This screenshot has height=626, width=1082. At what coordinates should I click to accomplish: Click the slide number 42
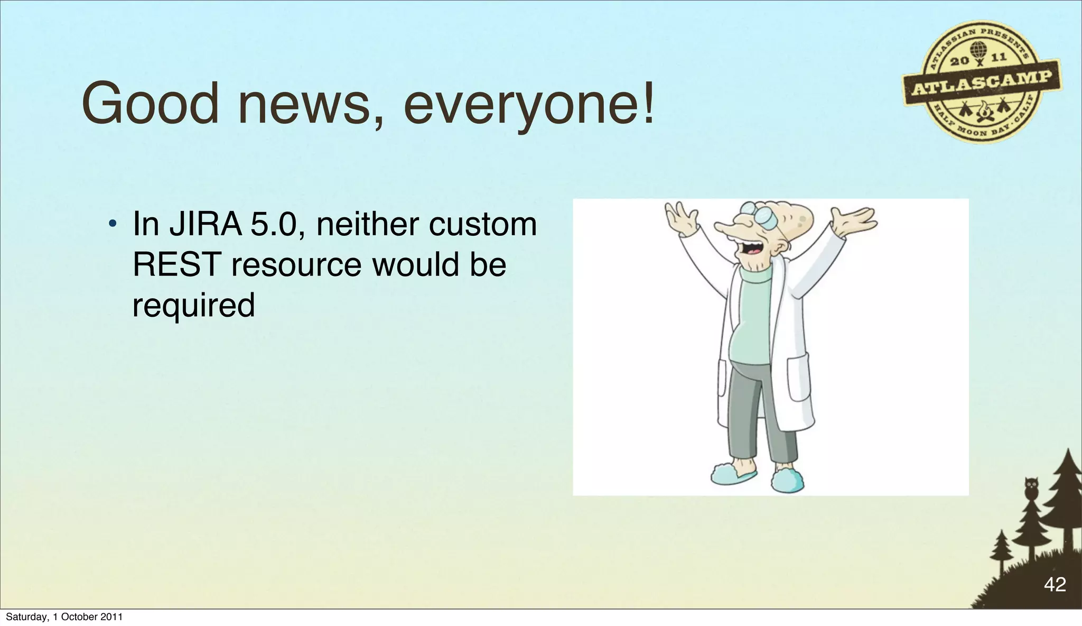coord(1055,584)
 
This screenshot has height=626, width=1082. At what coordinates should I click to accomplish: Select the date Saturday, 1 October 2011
coord(64,616)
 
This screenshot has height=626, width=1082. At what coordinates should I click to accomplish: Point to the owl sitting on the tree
coord(1031,487)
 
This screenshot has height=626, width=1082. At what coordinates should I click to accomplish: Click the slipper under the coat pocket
coord(787,480)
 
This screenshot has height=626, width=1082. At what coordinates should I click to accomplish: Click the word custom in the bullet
coord(482,224)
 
